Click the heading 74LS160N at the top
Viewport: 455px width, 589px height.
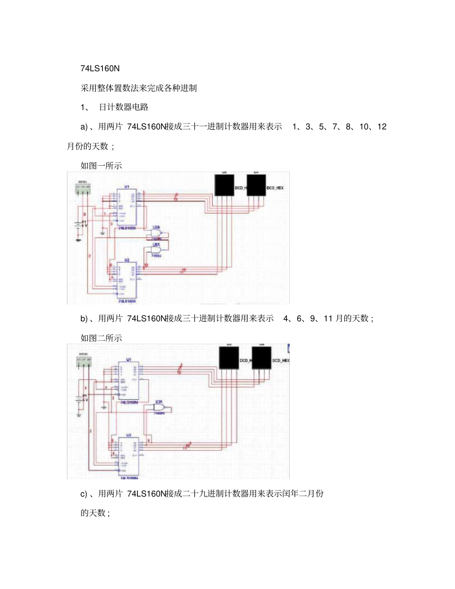pos(100,68)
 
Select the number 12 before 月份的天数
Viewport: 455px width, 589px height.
pos(382,127)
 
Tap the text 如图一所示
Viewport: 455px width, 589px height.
pos(101,166)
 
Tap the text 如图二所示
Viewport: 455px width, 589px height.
pos(101,338)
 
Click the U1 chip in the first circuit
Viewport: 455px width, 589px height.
pos(127,207)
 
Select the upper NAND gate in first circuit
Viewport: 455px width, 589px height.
pos(158,233)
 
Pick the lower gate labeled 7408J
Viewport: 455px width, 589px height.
pos(158,249)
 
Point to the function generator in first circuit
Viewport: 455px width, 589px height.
pos(84,189)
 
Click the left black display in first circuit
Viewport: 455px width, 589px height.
pos(224,185)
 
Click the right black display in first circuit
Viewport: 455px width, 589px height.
pos(256,185)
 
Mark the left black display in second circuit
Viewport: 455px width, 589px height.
pos(228,357)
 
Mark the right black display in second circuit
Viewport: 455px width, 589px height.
pos(262,357)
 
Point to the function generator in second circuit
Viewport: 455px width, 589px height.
pos(84,361)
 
